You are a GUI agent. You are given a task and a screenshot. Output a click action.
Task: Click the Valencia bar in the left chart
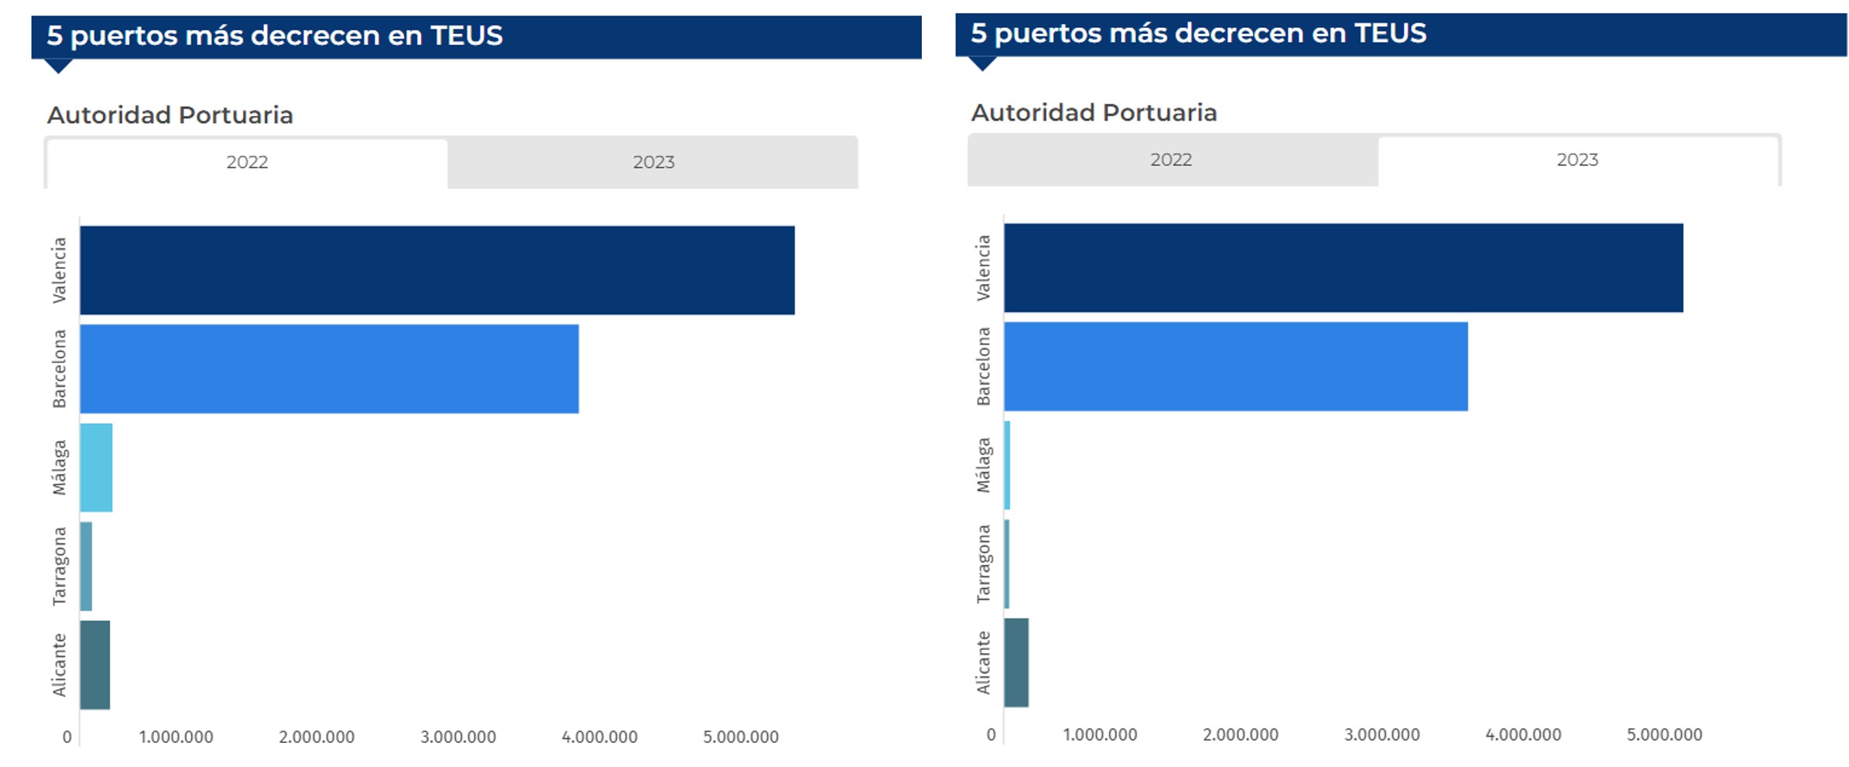coord(437,270)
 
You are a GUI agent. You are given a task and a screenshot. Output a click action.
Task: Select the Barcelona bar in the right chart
coord(1235,366)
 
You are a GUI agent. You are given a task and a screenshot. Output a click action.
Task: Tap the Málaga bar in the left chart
coord(96,467)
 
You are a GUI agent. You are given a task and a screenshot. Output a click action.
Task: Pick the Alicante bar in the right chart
coord(1016,663)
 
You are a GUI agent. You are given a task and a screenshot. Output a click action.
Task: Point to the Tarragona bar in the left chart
coord(86,567)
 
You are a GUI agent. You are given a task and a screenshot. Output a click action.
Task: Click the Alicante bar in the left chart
coord(95,665)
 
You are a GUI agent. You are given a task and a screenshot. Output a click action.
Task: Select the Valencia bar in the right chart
coord(1343,268)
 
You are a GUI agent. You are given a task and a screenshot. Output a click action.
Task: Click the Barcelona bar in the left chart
coord(329,368)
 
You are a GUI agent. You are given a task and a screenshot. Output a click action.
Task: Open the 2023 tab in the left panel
coord(653,163)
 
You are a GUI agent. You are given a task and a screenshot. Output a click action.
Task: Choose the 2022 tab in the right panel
coord(1170,160)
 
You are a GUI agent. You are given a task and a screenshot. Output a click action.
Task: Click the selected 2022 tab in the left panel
coord(247,163)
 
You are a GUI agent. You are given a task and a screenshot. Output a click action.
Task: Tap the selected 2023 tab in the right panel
coord(1577,160)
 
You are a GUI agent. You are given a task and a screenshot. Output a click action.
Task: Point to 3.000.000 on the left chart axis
coord(458,737)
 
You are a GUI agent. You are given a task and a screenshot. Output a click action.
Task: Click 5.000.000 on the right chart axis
coord(1664,734)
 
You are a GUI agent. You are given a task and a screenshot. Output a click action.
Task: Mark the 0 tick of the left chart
coord(67,737)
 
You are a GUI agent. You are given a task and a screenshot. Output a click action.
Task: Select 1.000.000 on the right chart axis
coord(1099,734)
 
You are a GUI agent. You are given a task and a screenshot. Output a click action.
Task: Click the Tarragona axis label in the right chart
coord(983,563)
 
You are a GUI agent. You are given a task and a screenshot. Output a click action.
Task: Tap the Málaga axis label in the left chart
coord(60,467)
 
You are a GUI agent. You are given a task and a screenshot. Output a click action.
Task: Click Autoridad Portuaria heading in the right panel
coord(1094,113)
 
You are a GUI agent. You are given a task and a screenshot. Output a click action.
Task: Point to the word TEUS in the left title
coord(466,36)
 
